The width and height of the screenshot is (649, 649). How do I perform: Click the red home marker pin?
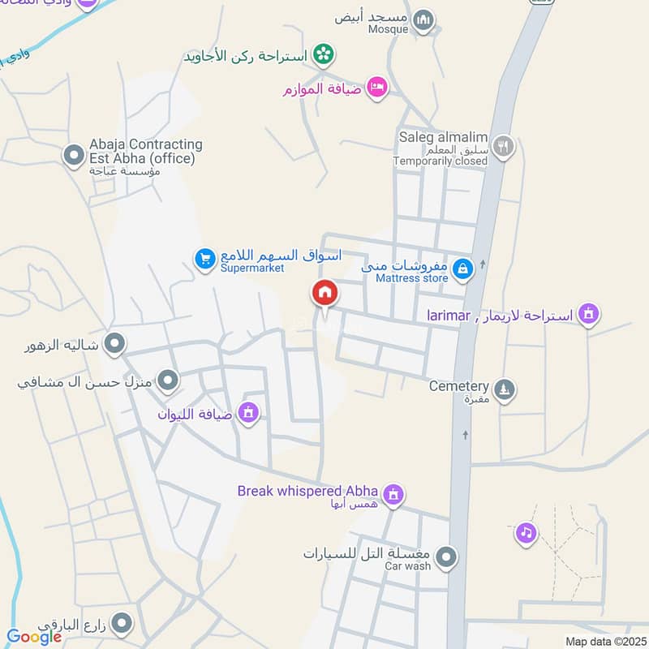click(x=324, y=293)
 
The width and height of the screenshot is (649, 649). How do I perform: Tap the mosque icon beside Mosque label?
click(x=423, y=21)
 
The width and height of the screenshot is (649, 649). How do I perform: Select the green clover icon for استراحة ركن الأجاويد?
click(x=324, y=55)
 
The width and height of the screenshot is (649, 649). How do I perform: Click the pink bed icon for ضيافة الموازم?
click(x=376, y=87)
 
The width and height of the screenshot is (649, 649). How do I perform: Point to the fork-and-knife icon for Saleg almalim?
click(x=503, y=147)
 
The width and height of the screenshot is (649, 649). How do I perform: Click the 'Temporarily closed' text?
click(x=441, y=161)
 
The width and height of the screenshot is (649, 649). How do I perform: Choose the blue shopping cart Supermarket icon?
click(x=204, y=259)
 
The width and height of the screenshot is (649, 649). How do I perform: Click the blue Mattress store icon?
click(x=462, y=269)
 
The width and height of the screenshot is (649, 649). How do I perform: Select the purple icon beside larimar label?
click(x=588, y=314)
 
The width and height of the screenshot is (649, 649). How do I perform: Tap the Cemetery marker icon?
click(x=505, y=390)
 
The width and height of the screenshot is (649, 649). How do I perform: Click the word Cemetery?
click(x=459, y=386)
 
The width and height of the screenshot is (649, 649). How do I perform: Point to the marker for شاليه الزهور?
click(x=115, y=345)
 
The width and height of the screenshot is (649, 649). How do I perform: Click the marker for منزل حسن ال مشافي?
click(x=168, y=379)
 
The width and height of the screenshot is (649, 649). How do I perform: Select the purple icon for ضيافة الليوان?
click(x=248, y=414)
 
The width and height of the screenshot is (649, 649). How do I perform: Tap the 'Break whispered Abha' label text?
click(x=307, y=491)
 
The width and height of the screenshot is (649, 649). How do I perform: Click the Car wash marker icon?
click(x=446, y=557)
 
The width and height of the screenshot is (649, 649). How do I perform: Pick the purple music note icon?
click(x=527, y=533)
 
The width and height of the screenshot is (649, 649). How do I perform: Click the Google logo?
click(x=34, y=637)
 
